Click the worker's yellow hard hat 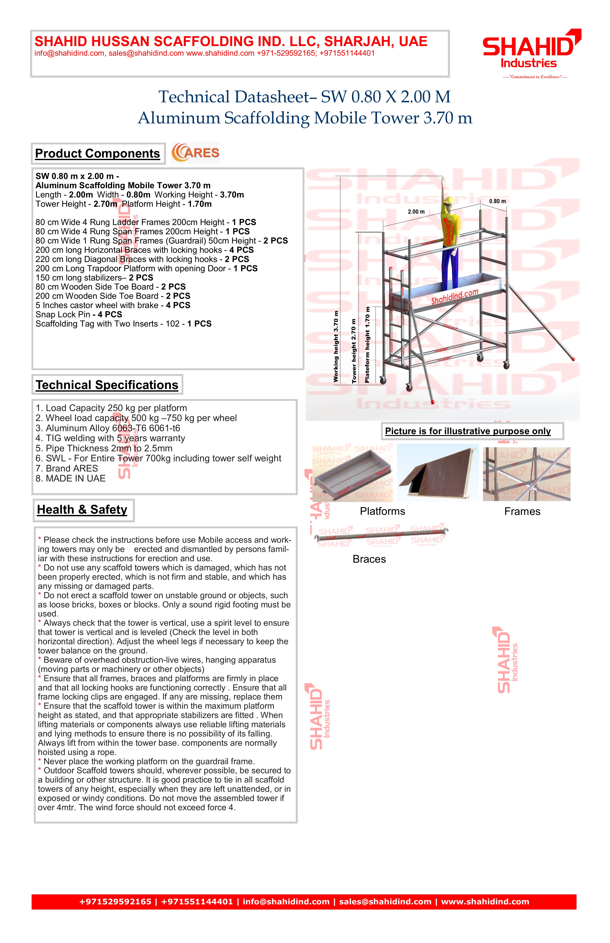448,201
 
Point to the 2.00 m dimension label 416,212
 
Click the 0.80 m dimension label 497,201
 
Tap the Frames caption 522,511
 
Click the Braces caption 369,559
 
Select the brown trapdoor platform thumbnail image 438,472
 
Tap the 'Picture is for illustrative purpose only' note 468,431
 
